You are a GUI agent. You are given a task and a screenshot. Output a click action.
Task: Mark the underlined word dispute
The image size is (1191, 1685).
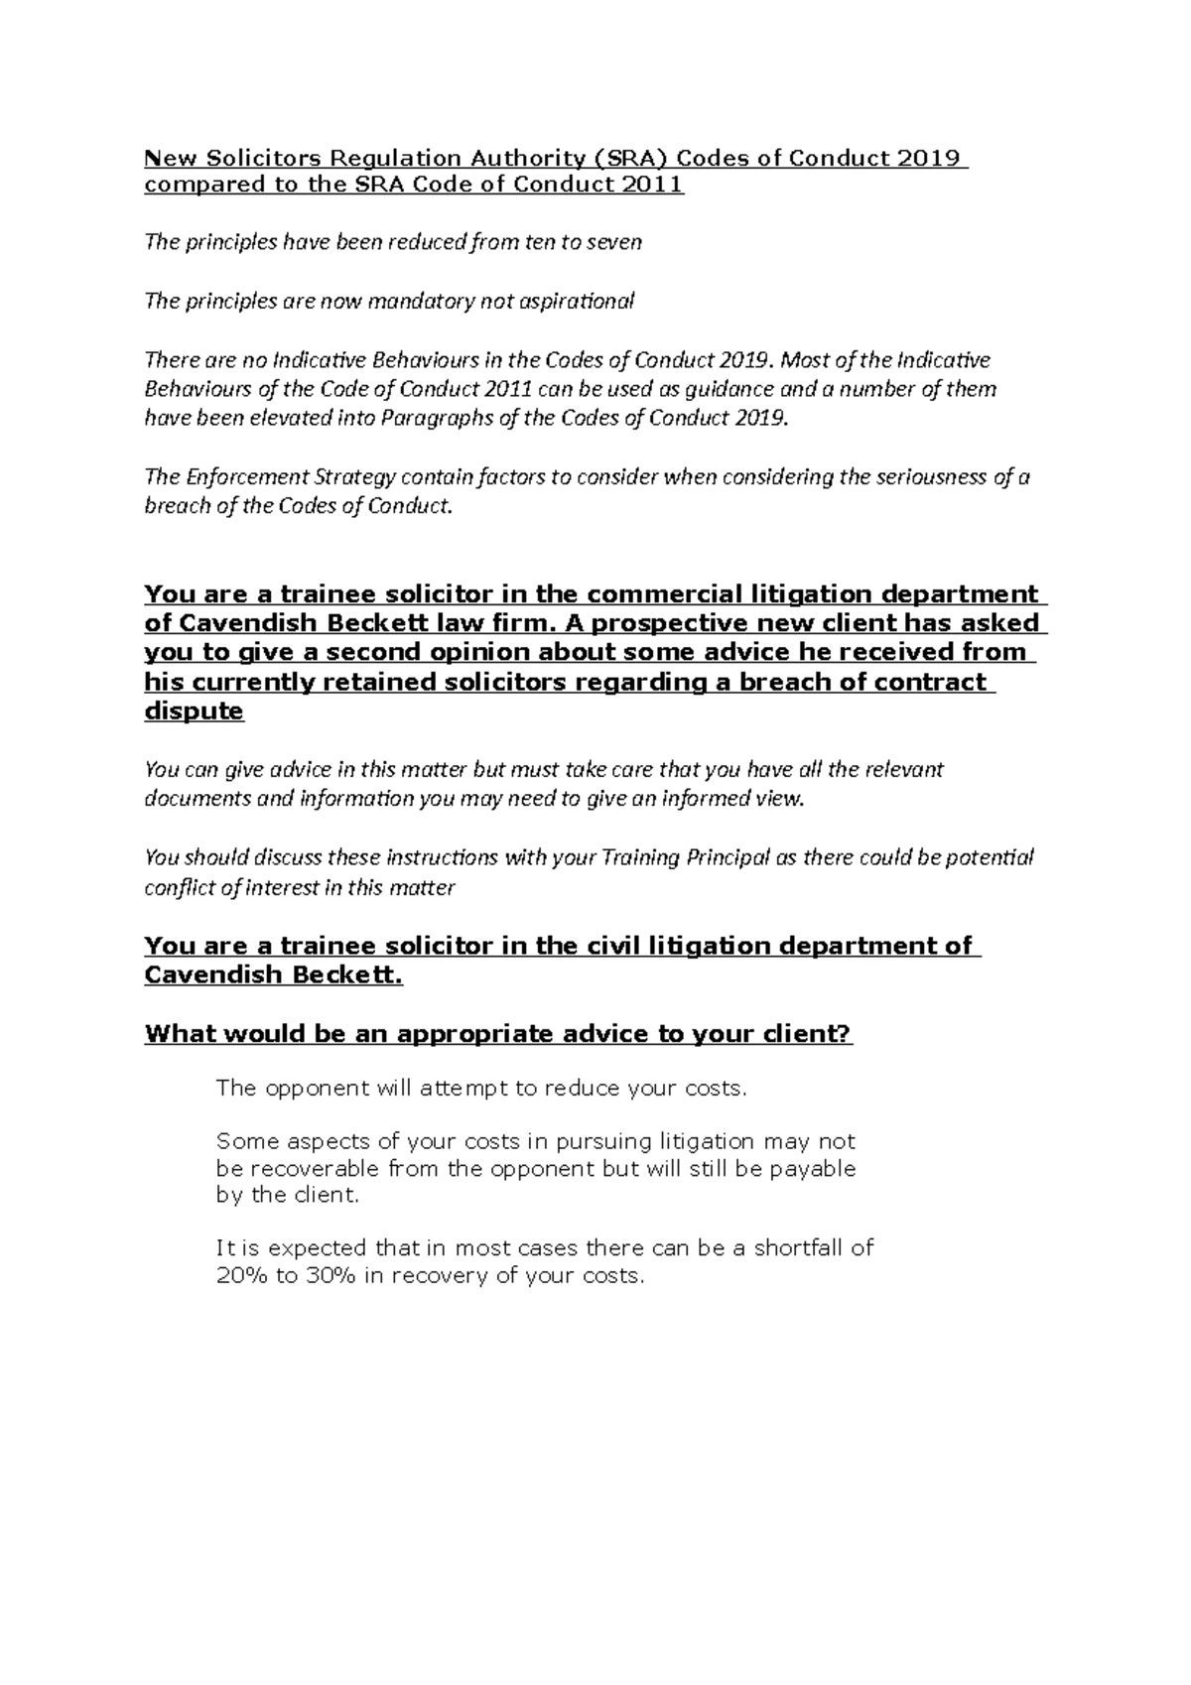(x=194, y=711)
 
